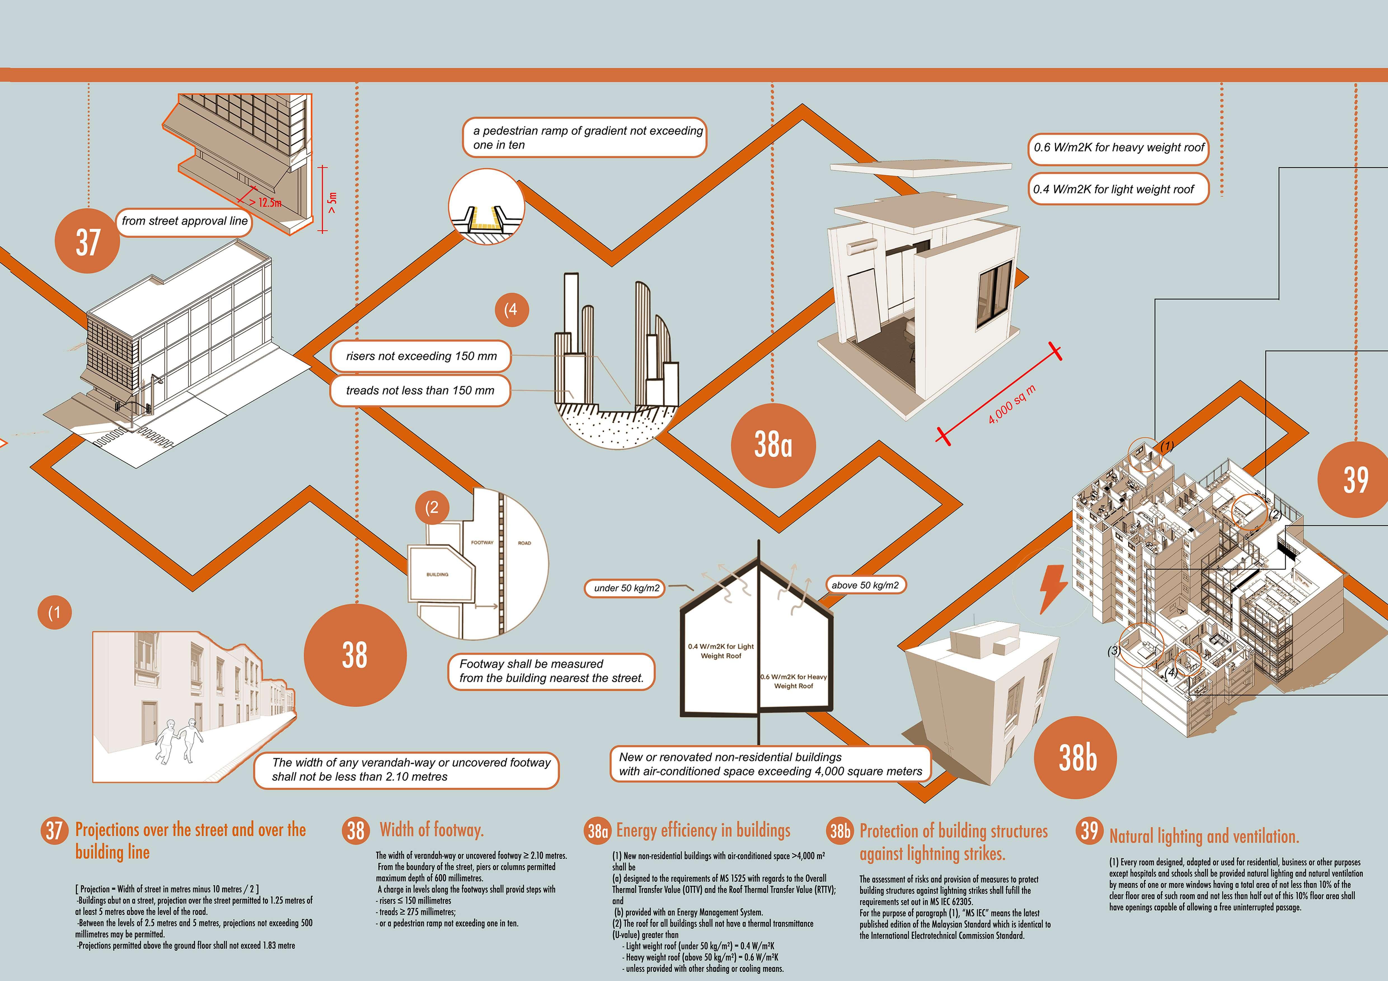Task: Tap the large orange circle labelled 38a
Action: click(x=773, y=445)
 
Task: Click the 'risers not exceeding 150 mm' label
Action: click(x=421, y=356)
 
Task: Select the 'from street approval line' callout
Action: click(x=184, y=221)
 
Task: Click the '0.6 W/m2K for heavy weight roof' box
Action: click(x=1119, y=147)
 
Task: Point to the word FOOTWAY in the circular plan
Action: click(x=482, y=542)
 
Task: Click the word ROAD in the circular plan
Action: click(x=524, y=543)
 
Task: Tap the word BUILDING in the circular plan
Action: click(x=437, y=574)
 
